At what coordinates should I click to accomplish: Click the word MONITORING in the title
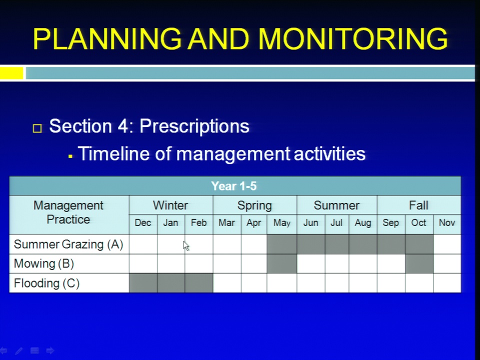[353, 39]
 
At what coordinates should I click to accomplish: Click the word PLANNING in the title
[107, 39]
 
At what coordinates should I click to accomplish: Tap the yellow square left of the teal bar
[11, 73]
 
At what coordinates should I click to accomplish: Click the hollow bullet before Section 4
[37, 128]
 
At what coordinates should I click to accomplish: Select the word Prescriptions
[194, 126]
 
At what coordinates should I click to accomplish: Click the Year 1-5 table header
[234, 186]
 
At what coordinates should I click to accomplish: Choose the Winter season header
[170, 205]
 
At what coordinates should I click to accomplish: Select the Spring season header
[254, 205]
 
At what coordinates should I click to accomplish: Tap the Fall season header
[418, 205]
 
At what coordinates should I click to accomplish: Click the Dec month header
[143, 222]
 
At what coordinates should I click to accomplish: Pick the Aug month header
[363, 222]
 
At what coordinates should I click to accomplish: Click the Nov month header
[447, 222]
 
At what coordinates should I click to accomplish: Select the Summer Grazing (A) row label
[68, 244]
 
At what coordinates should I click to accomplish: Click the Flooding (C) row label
[46, 283]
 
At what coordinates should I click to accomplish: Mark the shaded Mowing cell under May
[281, 263]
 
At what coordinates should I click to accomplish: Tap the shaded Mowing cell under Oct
[419, 263]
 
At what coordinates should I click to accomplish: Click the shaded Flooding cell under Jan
[171, 283]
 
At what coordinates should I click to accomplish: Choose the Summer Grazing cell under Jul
[336, 244]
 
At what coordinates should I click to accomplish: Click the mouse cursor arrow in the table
[186, 246]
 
